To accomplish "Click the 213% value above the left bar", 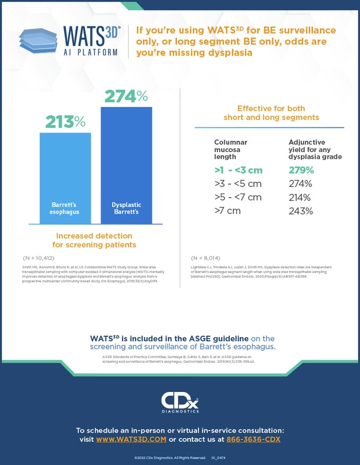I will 65,122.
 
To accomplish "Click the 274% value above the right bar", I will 126,96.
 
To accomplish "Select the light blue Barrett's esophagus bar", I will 65,178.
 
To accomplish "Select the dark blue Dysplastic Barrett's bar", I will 127,165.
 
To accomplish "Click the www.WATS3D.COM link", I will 131,440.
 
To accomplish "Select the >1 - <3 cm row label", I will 238,171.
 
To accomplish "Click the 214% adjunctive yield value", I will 301,197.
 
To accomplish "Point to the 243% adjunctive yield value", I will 301,211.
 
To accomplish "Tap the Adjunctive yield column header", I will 315,149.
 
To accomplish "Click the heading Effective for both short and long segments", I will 271,113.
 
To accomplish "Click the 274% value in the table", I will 301,184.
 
